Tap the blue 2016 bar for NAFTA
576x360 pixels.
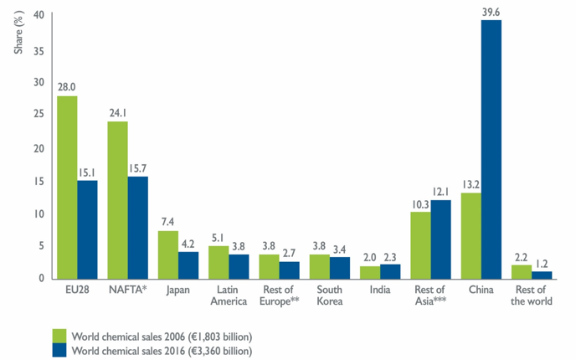point(138,227)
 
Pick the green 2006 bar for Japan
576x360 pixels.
point(168,255)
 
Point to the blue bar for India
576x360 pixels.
point(390,270)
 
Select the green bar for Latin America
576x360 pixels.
point(219,261)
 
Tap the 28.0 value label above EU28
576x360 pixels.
point(67,86)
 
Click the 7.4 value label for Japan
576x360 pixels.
point(168,222)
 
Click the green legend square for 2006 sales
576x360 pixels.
point(59,336)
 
